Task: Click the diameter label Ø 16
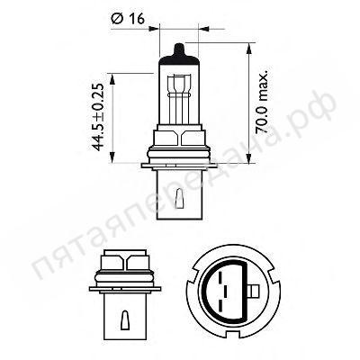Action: pos(128,19)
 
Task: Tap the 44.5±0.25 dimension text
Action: pos(98,117)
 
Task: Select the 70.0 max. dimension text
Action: pos(261,103)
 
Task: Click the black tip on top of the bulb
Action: pos(179,50)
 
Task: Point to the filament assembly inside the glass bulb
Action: pos(179,98)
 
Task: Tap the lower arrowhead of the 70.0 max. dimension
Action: pos(248,157)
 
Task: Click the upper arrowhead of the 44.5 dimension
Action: pos(112,79)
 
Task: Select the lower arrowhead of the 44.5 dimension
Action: pos(112,157)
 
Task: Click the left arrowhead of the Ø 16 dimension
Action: pos(153,29)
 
